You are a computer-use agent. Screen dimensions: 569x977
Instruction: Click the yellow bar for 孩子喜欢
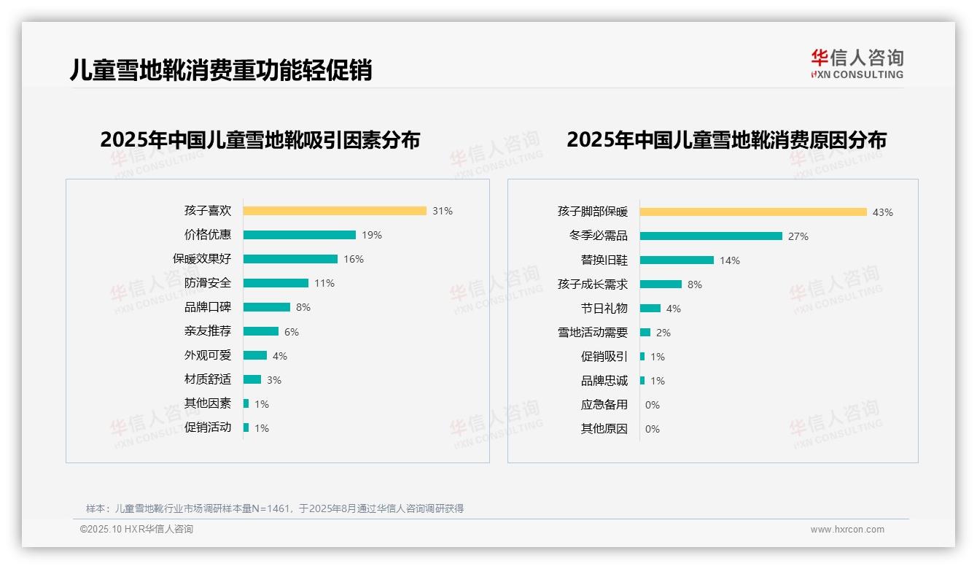click(335, 211)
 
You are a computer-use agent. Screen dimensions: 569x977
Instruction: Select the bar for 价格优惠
click(300, 235)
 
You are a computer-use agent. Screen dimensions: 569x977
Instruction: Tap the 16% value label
click(354, 259)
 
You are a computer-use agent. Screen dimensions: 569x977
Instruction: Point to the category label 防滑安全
click(208, 283)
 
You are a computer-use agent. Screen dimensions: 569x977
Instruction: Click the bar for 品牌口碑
click(267, 307)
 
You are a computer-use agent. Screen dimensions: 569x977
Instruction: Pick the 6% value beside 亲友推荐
click(292, 332)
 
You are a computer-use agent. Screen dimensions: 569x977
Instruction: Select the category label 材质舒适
click(208, 379)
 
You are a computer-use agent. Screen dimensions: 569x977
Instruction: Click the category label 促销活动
click(208, 427)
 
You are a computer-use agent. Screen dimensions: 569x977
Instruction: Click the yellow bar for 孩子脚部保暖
click(753, 212)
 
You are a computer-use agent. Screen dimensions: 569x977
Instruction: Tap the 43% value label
click(882, 212)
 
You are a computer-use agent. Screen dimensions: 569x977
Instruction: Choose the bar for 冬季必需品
click(711, 236)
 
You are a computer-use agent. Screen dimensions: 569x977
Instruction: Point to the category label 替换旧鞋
click(604, 260)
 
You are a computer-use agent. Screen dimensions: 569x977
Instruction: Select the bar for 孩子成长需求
click(661, 284)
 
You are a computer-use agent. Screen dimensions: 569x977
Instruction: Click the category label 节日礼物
click(604, 309)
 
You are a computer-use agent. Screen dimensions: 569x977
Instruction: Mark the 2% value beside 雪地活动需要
click(663, 333)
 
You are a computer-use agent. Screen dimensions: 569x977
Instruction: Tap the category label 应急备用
click(604, 405)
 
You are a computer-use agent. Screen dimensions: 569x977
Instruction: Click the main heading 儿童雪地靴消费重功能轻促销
click(221, 70)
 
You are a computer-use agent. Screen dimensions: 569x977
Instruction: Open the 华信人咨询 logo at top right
click(857, 63)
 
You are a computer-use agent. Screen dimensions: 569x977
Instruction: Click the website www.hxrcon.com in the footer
click(846, 530)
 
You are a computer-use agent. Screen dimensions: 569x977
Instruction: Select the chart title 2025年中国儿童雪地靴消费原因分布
click(726, 140)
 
